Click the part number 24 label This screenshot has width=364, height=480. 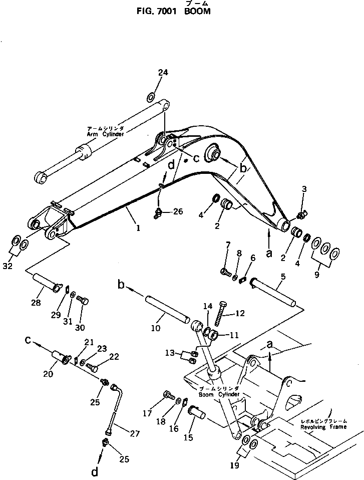[x=163, y=73]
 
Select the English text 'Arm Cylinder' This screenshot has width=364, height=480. [x=106, y=134]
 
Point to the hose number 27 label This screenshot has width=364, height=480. [x=134, y=434]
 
